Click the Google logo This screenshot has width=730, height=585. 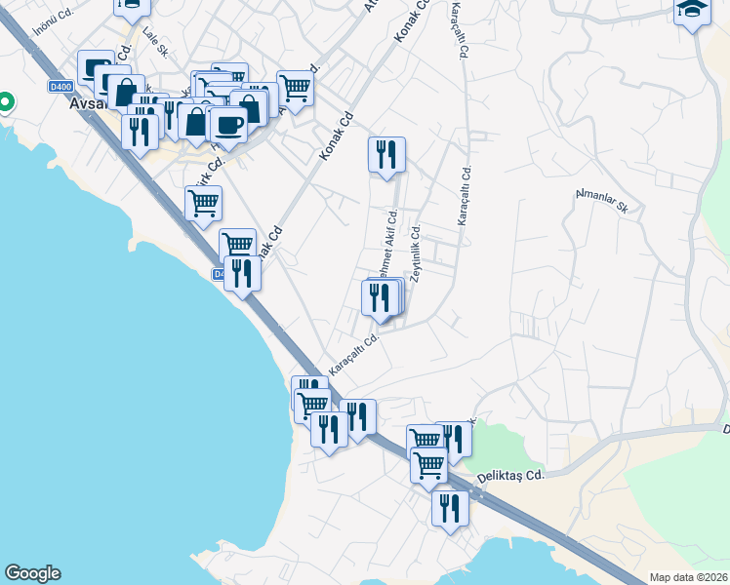[x=32, y=573]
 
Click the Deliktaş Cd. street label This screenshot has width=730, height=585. [x=508, y=475]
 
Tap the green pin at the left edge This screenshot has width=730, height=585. [x=5, y=101]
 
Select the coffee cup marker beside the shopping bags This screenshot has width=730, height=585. [x=228, y=126]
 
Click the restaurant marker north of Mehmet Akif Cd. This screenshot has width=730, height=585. [x=386, y=154]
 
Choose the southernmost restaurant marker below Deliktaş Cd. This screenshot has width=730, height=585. [x=450, y=508]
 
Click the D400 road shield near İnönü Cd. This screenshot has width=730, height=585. [x=61, y=87]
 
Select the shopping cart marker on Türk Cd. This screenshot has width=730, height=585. [x=203, y=204]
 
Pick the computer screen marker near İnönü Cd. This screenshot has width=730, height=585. [x=96, y=67]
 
